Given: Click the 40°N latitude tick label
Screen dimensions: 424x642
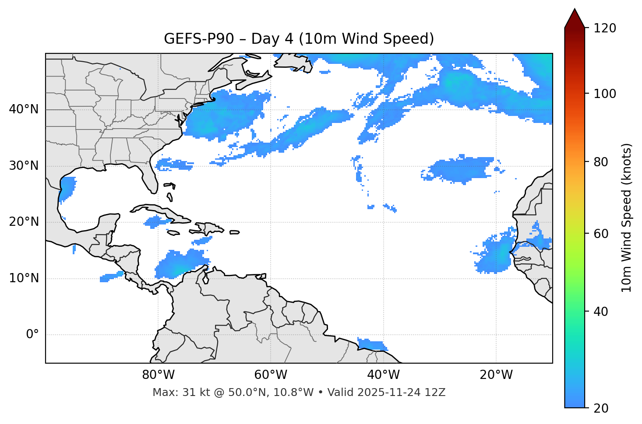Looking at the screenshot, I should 24,109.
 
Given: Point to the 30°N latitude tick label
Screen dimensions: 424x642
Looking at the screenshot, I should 24,166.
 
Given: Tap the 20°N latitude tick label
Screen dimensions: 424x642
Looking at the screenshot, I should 24,222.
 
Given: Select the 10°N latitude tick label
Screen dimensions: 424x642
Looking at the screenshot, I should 24,278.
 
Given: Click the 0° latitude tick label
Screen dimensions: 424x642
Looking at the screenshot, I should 32,335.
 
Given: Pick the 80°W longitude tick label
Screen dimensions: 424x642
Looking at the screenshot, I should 158,375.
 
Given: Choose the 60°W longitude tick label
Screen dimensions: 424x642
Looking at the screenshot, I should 271,375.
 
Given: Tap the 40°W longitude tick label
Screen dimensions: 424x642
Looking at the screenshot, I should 383,375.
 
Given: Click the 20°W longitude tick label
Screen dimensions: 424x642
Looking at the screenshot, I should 496,375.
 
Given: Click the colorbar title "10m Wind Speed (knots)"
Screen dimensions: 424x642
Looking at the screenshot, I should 627,217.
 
